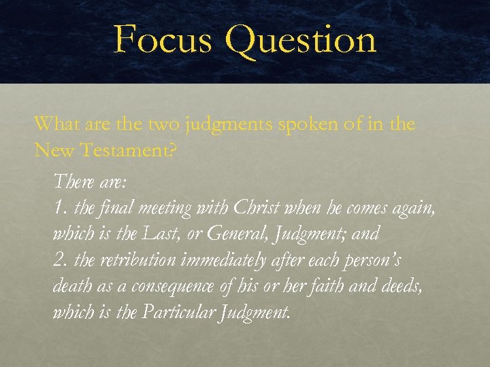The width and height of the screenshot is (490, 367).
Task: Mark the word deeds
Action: coord(405,286)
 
